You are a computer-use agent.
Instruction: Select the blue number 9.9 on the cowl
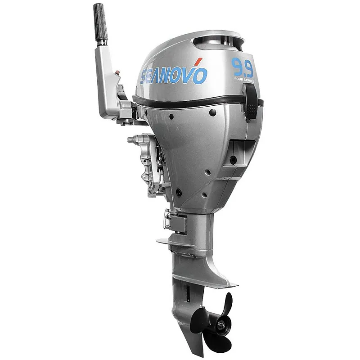(243, 68)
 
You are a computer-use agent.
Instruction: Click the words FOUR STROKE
(243, 81)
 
